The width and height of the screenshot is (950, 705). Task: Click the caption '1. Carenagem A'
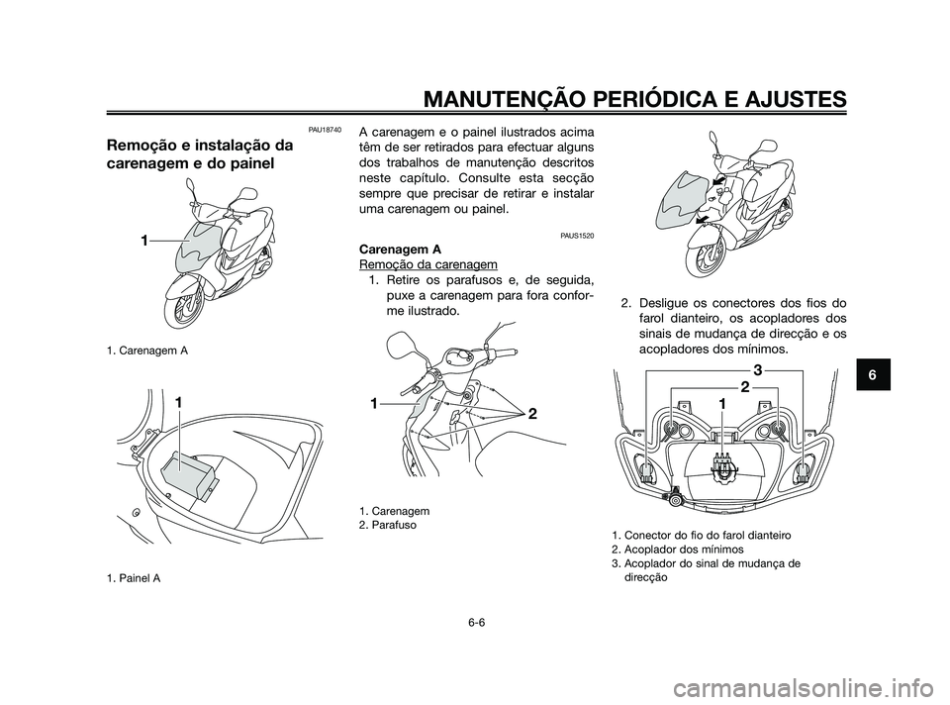click(148, 352)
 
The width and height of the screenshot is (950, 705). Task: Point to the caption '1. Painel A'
click(136, 579)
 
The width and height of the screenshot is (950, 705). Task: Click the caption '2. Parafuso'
click(388, 524)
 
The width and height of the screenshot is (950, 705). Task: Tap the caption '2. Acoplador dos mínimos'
click(678, 550)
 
